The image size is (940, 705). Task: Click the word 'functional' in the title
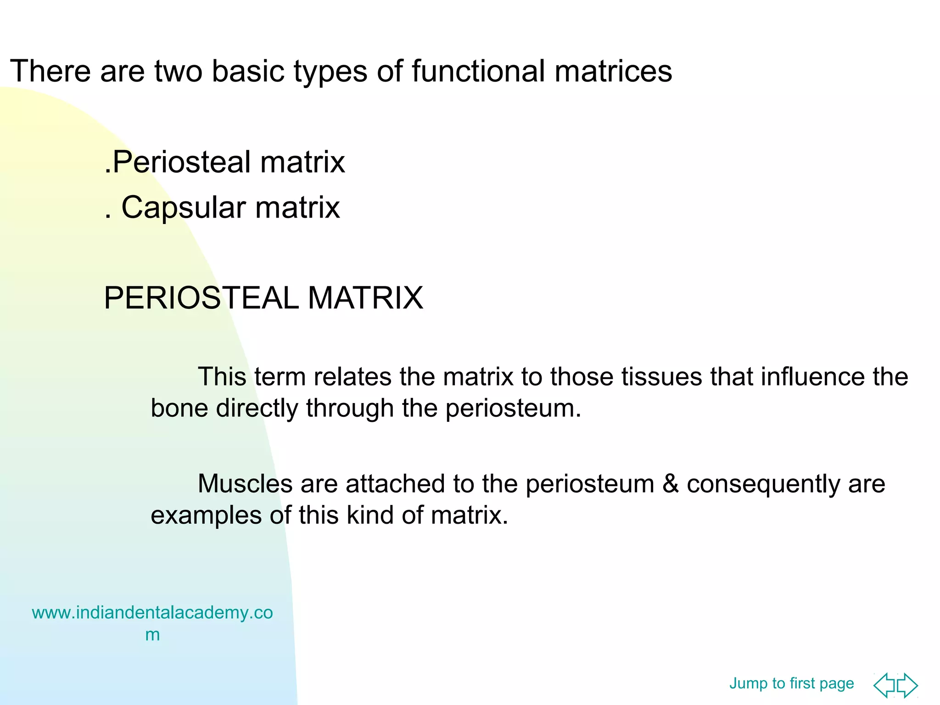478,72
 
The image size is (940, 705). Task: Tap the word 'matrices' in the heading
613,72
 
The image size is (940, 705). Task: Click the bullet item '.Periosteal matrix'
224,162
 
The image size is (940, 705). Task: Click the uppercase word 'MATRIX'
365,298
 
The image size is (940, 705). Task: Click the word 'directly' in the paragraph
257,408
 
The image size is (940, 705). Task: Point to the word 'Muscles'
245,484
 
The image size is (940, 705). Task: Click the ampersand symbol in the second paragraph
670,484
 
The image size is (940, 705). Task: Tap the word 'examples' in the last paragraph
206,515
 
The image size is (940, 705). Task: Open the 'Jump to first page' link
791,683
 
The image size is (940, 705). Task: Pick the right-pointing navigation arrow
908,685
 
